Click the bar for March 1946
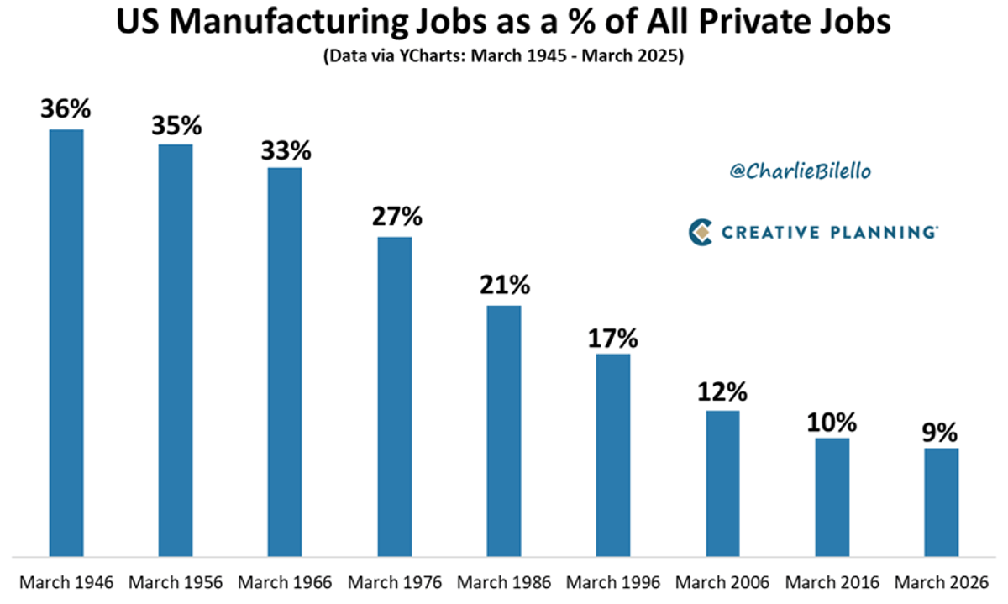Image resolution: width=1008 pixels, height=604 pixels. pos(66,342)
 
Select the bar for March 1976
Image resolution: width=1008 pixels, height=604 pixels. pos(395,396)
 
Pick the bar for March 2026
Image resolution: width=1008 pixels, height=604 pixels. pos(941,502)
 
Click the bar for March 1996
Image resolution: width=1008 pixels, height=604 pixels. pos(613,454)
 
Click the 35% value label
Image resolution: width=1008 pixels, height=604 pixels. pos(176,126)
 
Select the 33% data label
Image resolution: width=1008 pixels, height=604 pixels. pos(286,150)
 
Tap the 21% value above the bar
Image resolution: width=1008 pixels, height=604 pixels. pos(504,286)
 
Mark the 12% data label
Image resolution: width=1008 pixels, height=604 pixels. pos(722,391)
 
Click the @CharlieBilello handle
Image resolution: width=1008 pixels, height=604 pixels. pos(788,171)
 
